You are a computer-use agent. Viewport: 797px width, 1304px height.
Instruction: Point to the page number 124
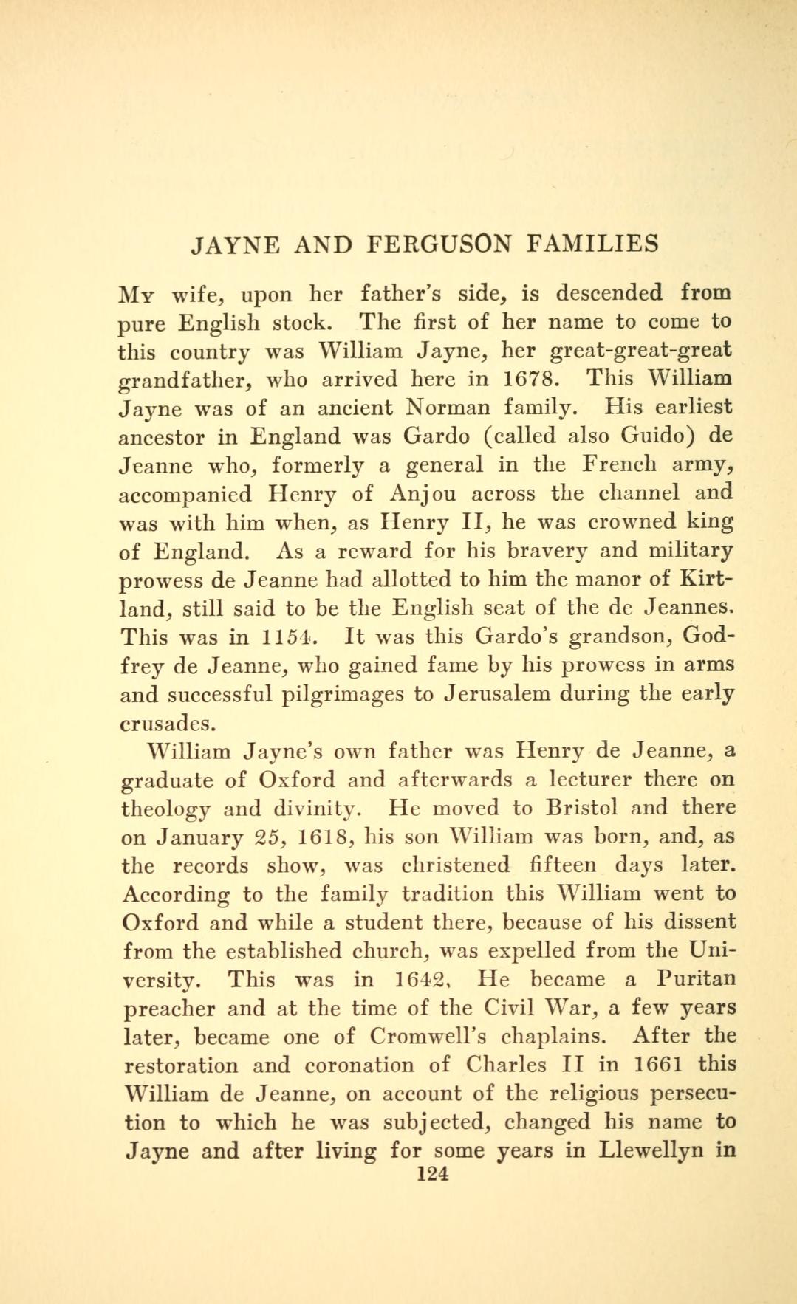tap(432, 1173)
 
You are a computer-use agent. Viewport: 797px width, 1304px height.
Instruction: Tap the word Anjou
tap(422, 493)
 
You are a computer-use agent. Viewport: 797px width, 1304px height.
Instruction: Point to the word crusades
tap(166, 723)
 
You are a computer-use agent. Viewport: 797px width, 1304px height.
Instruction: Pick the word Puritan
tap(695, 980)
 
